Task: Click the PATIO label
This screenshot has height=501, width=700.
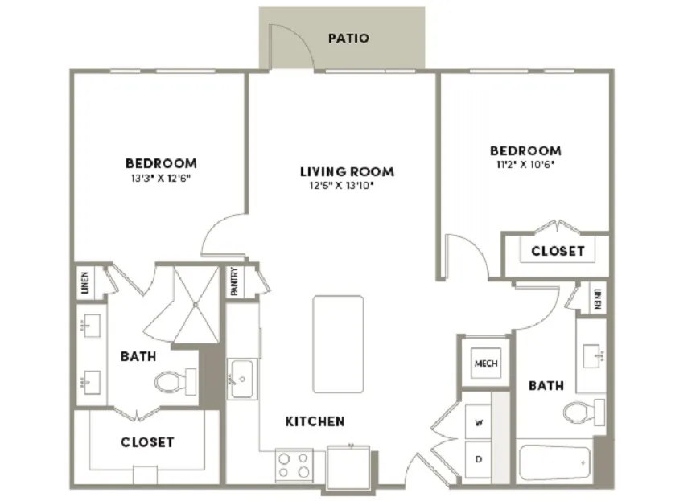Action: (x=348, y=39)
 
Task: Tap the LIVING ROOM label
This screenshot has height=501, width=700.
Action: (x=347, y=172)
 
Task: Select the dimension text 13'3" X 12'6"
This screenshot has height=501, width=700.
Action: (x=161, y=179)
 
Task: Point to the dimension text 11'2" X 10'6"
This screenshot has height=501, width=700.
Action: (x=525, y=165)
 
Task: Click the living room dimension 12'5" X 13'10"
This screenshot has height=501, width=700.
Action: (x=341, y=185)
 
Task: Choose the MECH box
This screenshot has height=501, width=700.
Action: (x=486, y=363)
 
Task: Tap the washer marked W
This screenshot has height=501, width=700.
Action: (x=478, y=421)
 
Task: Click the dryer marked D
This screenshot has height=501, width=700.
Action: (x=478, y=459)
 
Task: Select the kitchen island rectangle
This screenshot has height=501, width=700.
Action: (x=338, y=344)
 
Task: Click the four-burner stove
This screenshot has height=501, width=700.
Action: (x=294, y=465)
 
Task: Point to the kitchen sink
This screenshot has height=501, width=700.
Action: (x=241, y=379)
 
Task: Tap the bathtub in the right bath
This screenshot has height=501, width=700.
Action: (x=555, y=462)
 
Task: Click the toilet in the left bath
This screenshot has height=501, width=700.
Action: (x=175, y=382)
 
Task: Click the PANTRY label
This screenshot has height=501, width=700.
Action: (x=234, y=281)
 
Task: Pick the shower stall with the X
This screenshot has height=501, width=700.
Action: (x=196, y=305)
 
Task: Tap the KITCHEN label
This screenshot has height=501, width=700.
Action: (x=315, y=421)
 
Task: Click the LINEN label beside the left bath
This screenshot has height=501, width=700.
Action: (x=85, y=282)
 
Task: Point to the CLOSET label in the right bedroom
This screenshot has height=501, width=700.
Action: (x=558, y=251)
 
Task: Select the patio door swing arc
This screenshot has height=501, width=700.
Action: (x=302, y=38)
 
